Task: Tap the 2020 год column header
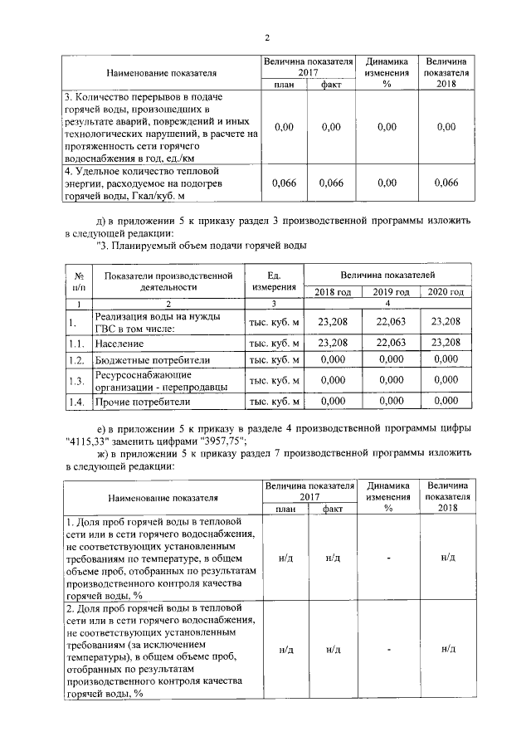pyautogui.click(x=446, y=291)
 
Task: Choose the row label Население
pyautogui.click(x=119, y=342)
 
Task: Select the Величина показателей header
pyautogui.click(x=391, y=274)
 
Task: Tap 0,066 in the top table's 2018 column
pyautogui.click(x=446, y=183)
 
